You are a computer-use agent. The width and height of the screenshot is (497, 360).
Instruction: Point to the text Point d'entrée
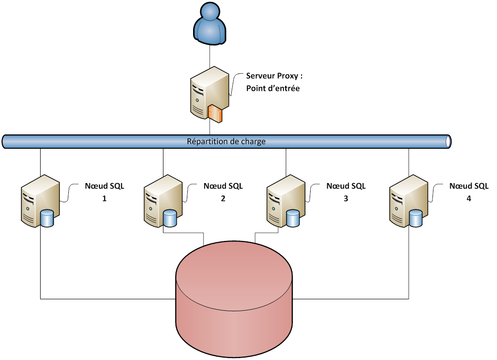(273, 88)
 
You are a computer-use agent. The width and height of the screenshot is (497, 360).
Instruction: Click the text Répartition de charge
(226, 142)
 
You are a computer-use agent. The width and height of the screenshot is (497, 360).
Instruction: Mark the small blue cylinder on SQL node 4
(416, 218)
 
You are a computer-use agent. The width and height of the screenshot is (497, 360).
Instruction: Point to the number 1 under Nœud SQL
(104, 198)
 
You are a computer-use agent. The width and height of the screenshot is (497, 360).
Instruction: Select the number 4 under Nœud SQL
(469, 198)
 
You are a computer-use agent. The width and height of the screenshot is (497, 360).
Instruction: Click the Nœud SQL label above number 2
(223, 186)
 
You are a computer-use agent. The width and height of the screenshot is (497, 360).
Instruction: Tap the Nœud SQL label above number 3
(346, 186)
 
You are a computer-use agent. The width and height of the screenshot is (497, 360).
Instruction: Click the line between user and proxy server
(210, 55)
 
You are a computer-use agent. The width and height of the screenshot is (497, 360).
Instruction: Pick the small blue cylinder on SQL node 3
(293, 218)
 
